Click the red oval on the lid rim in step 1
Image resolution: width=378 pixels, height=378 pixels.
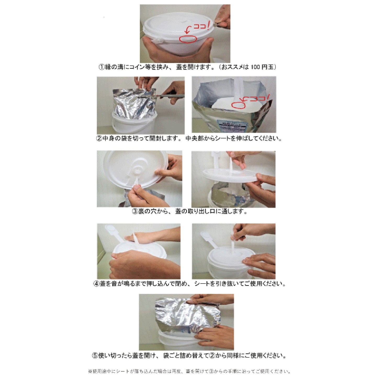point(188,39)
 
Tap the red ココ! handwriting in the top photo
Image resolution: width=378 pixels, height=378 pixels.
point(201,26)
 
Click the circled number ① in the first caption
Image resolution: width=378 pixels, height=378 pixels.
point(101,67)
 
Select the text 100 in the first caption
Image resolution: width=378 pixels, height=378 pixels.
point(255,67)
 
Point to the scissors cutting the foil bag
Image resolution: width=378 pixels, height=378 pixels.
point(167,95)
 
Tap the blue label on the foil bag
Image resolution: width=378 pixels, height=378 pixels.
point(232,126)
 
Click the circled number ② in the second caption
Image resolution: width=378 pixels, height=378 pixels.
point(99,138)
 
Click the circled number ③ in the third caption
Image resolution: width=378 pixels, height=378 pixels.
point(135,211)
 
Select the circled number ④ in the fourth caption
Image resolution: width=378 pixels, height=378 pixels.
point(96,284)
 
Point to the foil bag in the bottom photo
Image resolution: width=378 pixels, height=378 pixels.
point(183,313)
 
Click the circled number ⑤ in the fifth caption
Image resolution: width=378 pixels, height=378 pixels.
point(95,356)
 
